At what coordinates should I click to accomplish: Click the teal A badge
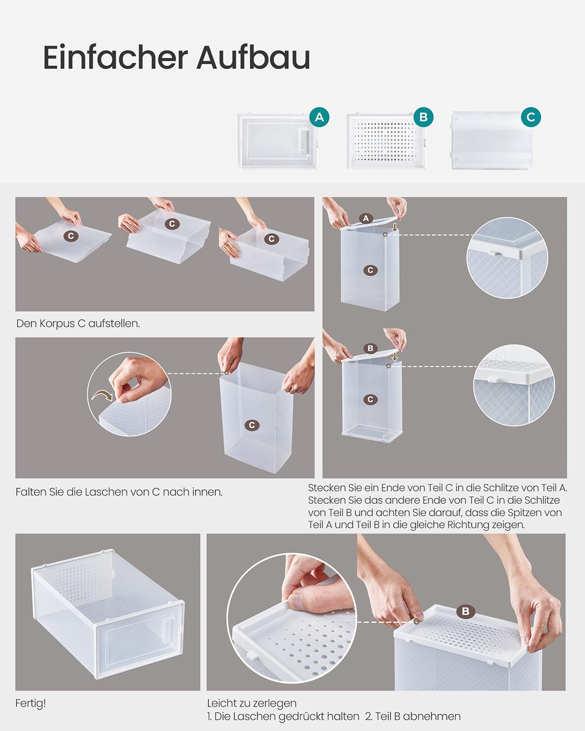click(319, 117)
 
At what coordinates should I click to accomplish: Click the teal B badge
click(423, 117)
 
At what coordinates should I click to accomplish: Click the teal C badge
click(531, 117)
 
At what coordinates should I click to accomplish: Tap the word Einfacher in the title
click(115, 57)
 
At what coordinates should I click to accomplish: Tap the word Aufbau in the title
click(253, 57)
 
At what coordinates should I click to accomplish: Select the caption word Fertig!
click(31, 703)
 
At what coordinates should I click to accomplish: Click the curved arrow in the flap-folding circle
click(102, 395)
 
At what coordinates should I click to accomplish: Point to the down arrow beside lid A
click(394, 227)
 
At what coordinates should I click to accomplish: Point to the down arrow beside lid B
click(394, 356)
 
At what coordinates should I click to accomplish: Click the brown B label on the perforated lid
click(465, 611)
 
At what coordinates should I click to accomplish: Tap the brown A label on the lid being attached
click(366, 218)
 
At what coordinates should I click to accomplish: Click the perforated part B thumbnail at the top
click(386, 142)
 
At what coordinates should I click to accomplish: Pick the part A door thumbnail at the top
click(278, 142)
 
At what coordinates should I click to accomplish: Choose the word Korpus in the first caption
click(57, 323)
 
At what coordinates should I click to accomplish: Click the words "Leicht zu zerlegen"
click(252, 703)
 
